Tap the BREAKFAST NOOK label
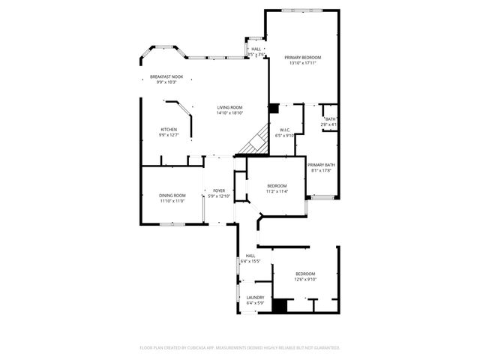pos(166,76)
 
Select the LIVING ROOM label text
pos(229,108)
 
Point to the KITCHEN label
pos(169,130)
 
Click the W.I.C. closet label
pos(285,130)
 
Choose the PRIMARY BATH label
pos(321,165)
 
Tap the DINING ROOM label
pos(172,196)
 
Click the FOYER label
pos(219,191)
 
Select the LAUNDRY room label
pos(255,297)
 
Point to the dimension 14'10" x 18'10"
pos(229,114)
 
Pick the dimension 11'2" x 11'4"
pos(277,191)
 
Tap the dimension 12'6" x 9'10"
pos(305,279)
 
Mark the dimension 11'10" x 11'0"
pos(172,201)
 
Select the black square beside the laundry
pos(280,306)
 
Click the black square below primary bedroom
pos(273,108)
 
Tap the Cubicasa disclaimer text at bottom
pos(240,347)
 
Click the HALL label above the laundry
pos(250,256)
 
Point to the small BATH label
pos(330,118)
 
